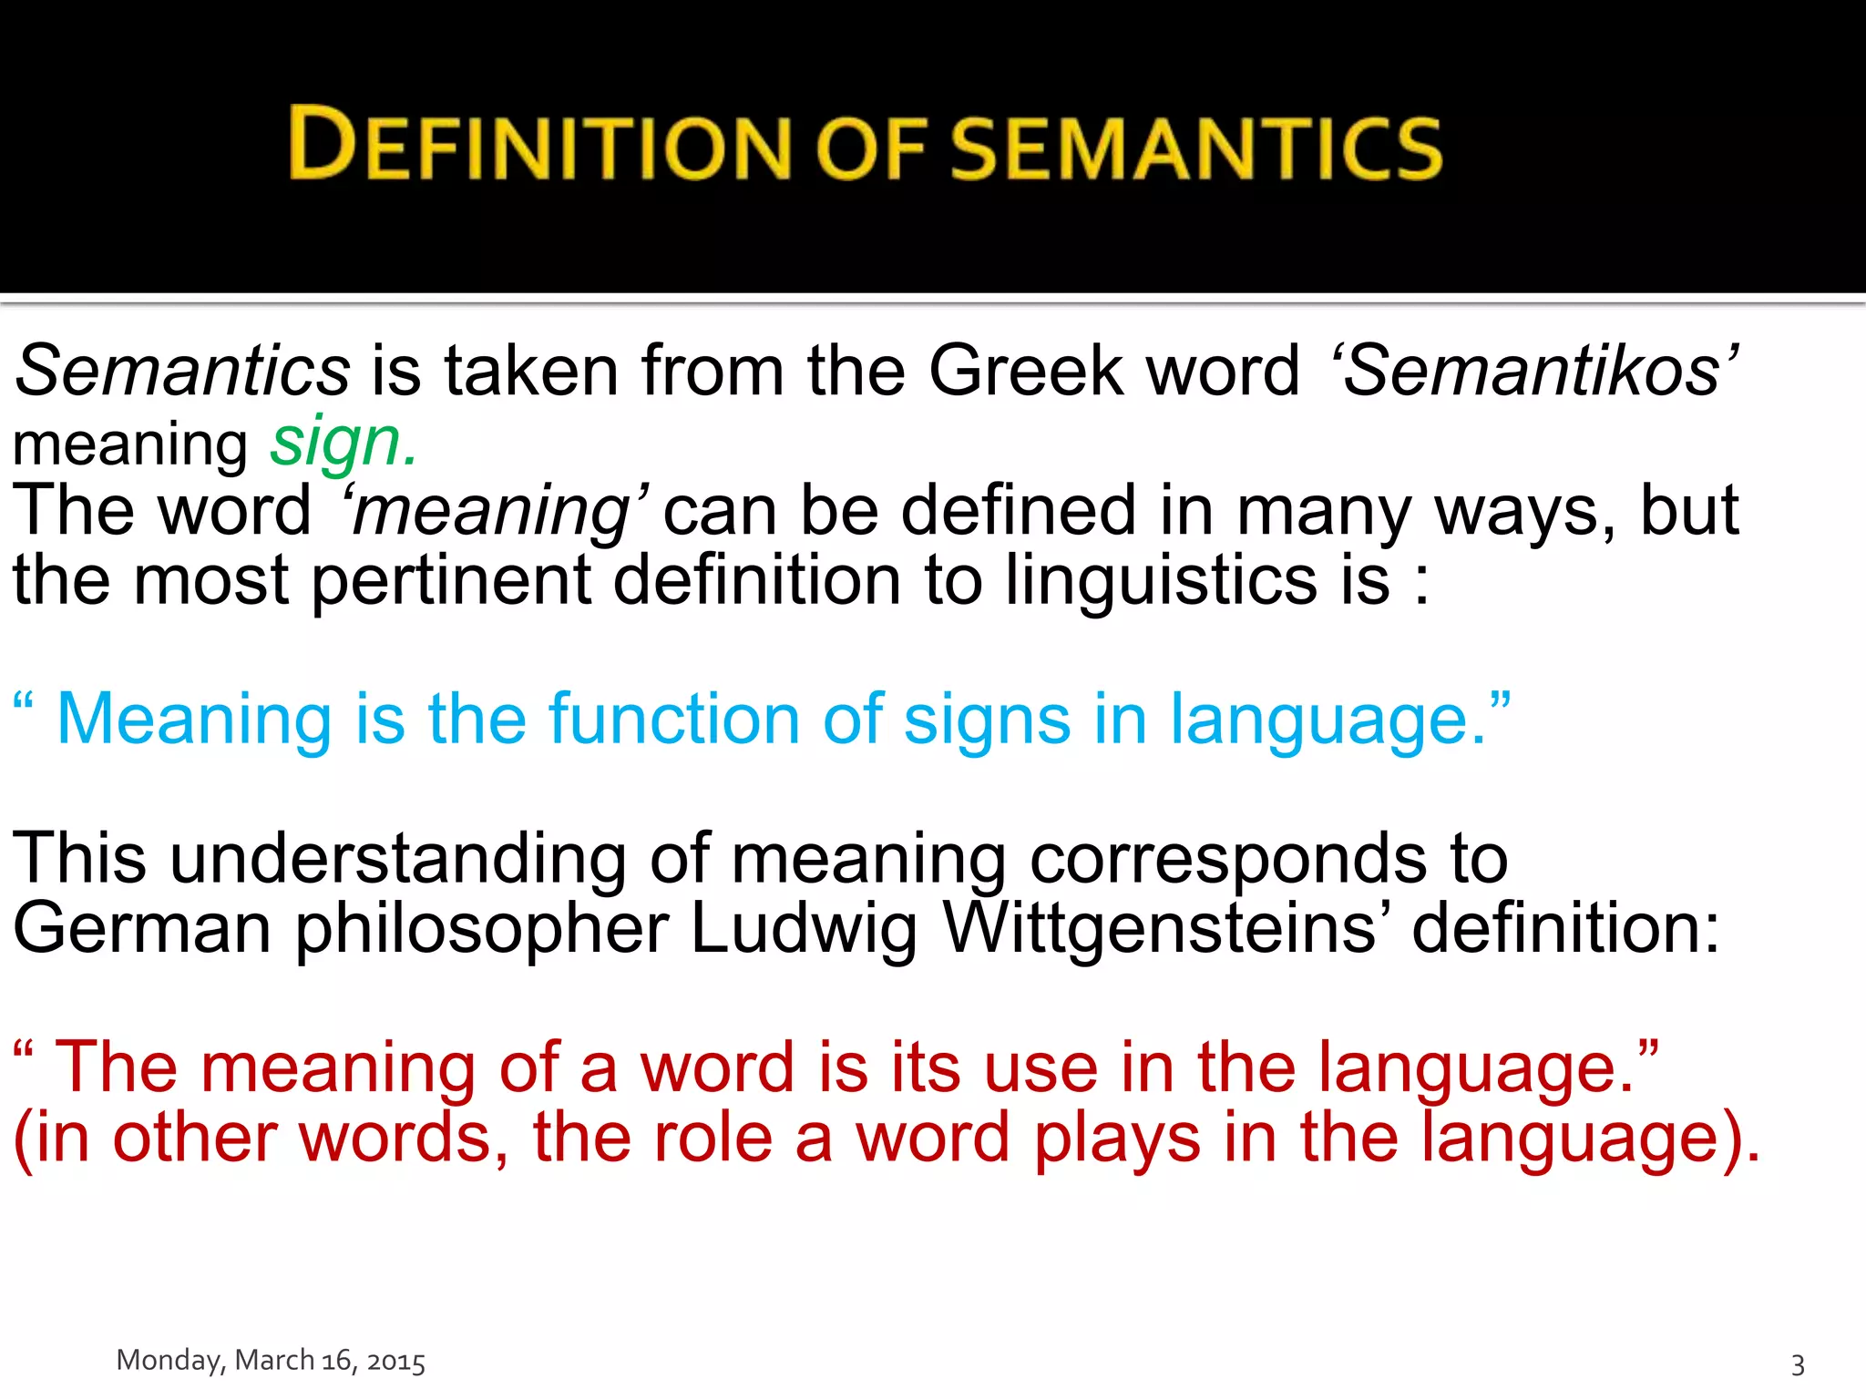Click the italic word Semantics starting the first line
click(183, 371)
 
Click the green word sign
click(342, 443)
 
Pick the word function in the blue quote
click(673, 720)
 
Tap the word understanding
click(398, 859)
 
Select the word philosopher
click(482, 928)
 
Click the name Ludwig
click(803, 928)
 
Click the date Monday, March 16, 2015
click(271, 1361)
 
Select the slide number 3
click(1798, 1364)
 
